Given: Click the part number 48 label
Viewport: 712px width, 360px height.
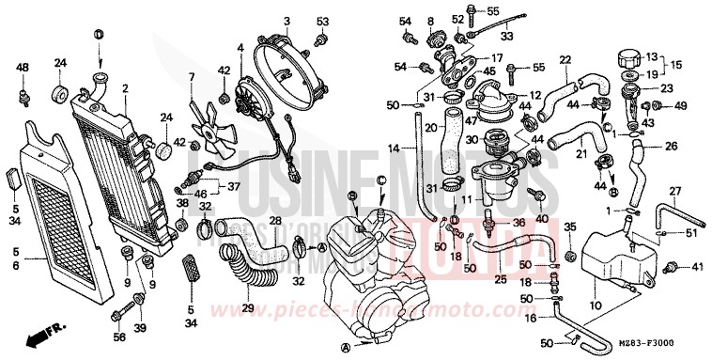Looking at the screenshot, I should (x=23, y=68).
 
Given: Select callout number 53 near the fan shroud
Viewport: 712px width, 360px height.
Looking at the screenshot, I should (x=322, y=21).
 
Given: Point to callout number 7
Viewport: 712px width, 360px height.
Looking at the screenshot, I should (x=191, y=77).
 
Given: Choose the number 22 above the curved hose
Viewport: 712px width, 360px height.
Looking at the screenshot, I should (x=565, y=60).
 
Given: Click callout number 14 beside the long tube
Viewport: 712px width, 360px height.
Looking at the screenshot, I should (x=393, y=148).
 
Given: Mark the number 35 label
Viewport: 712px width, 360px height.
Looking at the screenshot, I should (x=568, y=227).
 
